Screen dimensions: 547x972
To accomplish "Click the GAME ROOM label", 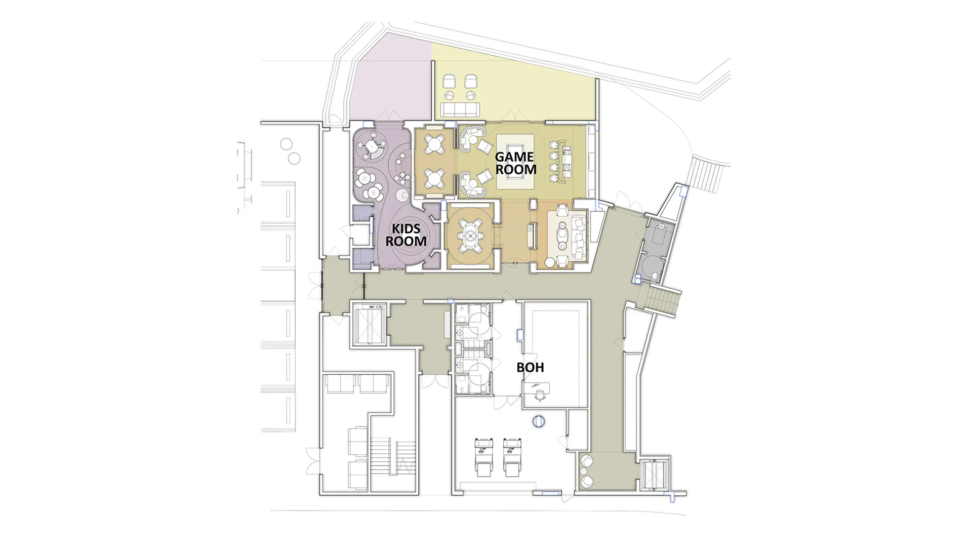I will tap(515, 163).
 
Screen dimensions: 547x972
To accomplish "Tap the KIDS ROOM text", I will tap(406, 236).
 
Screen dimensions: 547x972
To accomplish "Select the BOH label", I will tap(530, 367).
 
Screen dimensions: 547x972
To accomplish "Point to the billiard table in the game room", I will tap(515, 162).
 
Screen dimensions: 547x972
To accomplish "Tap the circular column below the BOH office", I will tap(539, 421).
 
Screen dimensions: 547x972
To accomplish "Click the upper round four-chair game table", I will tap(435, 144).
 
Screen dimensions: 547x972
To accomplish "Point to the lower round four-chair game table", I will tap(435, 178).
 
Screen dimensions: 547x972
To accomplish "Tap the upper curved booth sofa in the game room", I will tap(471, 138).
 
